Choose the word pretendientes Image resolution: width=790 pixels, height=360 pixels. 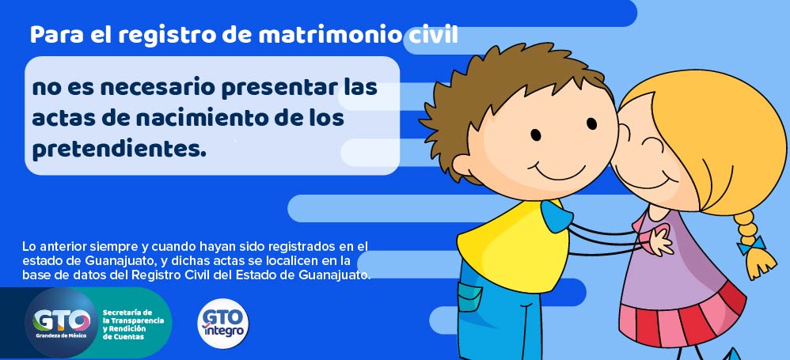[x=120, y=150]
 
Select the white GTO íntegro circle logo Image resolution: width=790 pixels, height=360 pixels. [x=222, y=324]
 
